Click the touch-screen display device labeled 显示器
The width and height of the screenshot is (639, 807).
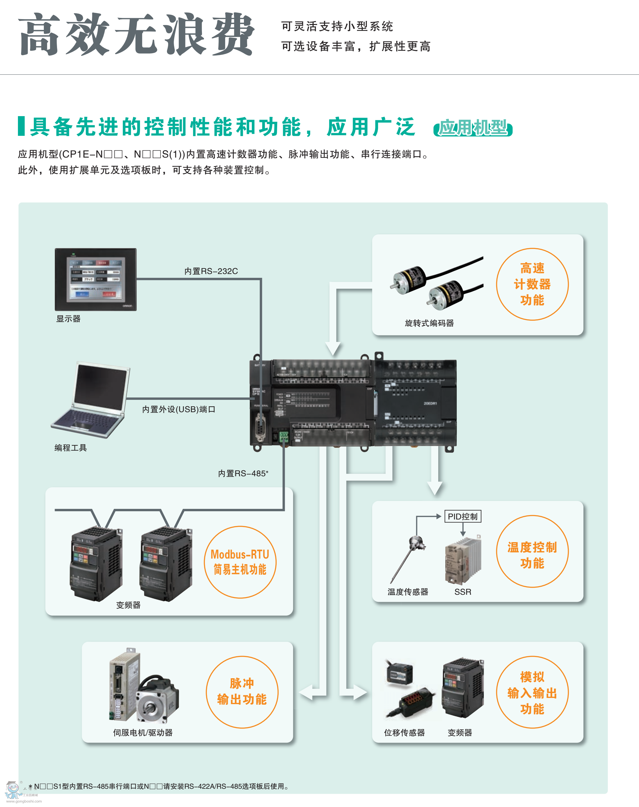(x=96, y=279)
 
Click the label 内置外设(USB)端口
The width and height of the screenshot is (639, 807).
(x=179, y=409)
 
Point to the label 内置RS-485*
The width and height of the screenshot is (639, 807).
(x=243, y=474)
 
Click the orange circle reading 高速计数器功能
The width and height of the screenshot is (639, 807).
(x=532, y=284)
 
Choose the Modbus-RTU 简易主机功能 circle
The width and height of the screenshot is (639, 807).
(x=240, y=562)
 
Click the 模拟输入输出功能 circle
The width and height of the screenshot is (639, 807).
(x=532, y=692)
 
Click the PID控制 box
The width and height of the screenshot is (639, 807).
(x=462, y=517)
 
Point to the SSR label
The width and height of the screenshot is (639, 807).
(x=463, y=592)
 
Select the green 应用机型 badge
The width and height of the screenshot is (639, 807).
(x=473, y=128)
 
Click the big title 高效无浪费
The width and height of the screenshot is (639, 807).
(x=137, y=34)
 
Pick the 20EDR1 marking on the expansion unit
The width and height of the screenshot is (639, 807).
(x=430, y=403)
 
